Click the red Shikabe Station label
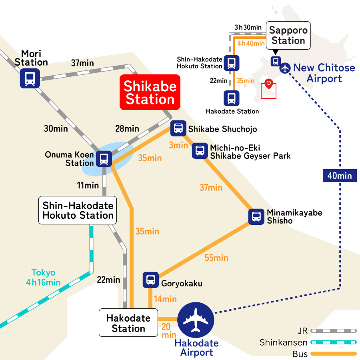(x=150, y=92)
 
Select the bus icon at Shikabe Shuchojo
(x=178, y=128)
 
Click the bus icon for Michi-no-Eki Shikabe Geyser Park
(x=200, y=150)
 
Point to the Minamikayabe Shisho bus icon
(x=256, y=216)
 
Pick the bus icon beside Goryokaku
(x=151, y=280)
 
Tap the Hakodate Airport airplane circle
(x=196, y=320)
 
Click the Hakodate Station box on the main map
(x=128, y=324)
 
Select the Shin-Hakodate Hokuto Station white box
(x=78, y=210)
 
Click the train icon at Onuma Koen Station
(x=104, y=158)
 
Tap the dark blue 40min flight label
(x=340, y=175)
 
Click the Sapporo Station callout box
(x=288, y=36)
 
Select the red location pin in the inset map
(x=269, y=84)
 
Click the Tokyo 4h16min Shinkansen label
(x=43, y=278)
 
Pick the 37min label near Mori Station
(x=82, y=63)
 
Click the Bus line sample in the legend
(x=334, y=354)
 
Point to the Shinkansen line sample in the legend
(x=334, y=342)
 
